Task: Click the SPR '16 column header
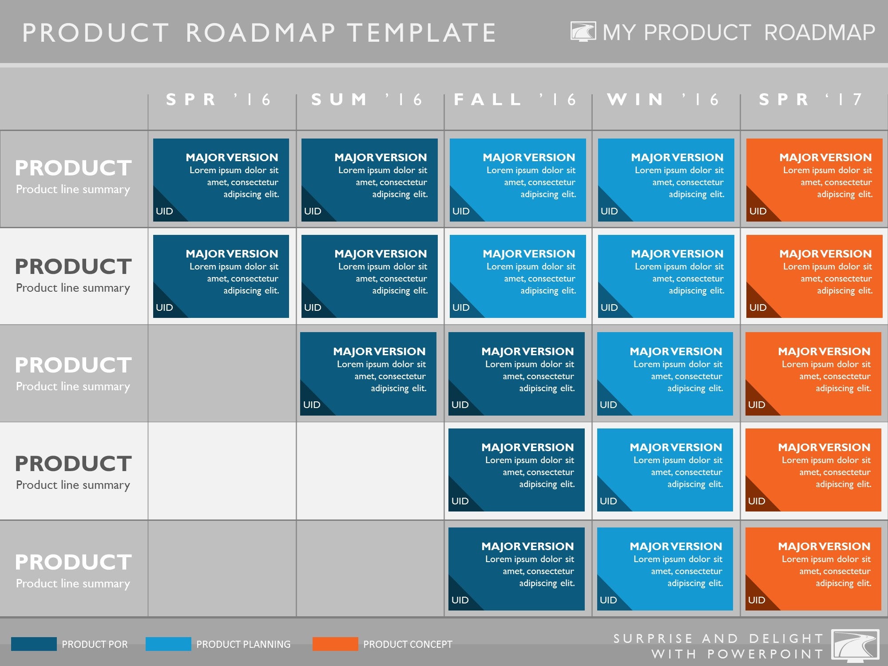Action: [218, 99]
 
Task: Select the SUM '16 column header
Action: [367, 99]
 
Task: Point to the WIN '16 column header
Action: [663, 99]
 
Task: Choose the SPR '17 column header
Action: [811, 99]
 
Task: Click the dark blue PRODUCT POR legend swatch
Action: [34, 644]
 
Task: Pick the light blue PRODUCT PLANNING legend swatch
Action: [168, 644]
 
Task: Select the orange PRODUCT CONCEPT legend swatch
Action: [335, 644]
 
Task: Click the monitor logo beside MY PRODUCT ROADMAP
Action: [583, 32]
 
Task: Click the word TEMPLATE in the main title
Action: [421, 33]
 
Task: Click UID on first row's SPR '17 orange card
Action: [757, 211]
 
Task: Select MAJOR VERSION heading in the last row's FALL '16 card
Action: [527, 546]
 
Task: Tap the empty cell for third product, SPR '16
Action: [222, 373]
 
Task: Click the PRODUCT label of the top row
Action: [73, 168]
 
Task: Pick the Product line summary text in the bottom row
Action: [73, 583]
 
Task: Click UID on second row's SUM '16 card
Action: [313, 307]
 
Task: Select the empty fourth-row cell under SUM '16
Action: [370, 471]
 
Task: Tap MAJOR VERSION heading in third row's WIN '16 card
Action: [676, 351]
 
